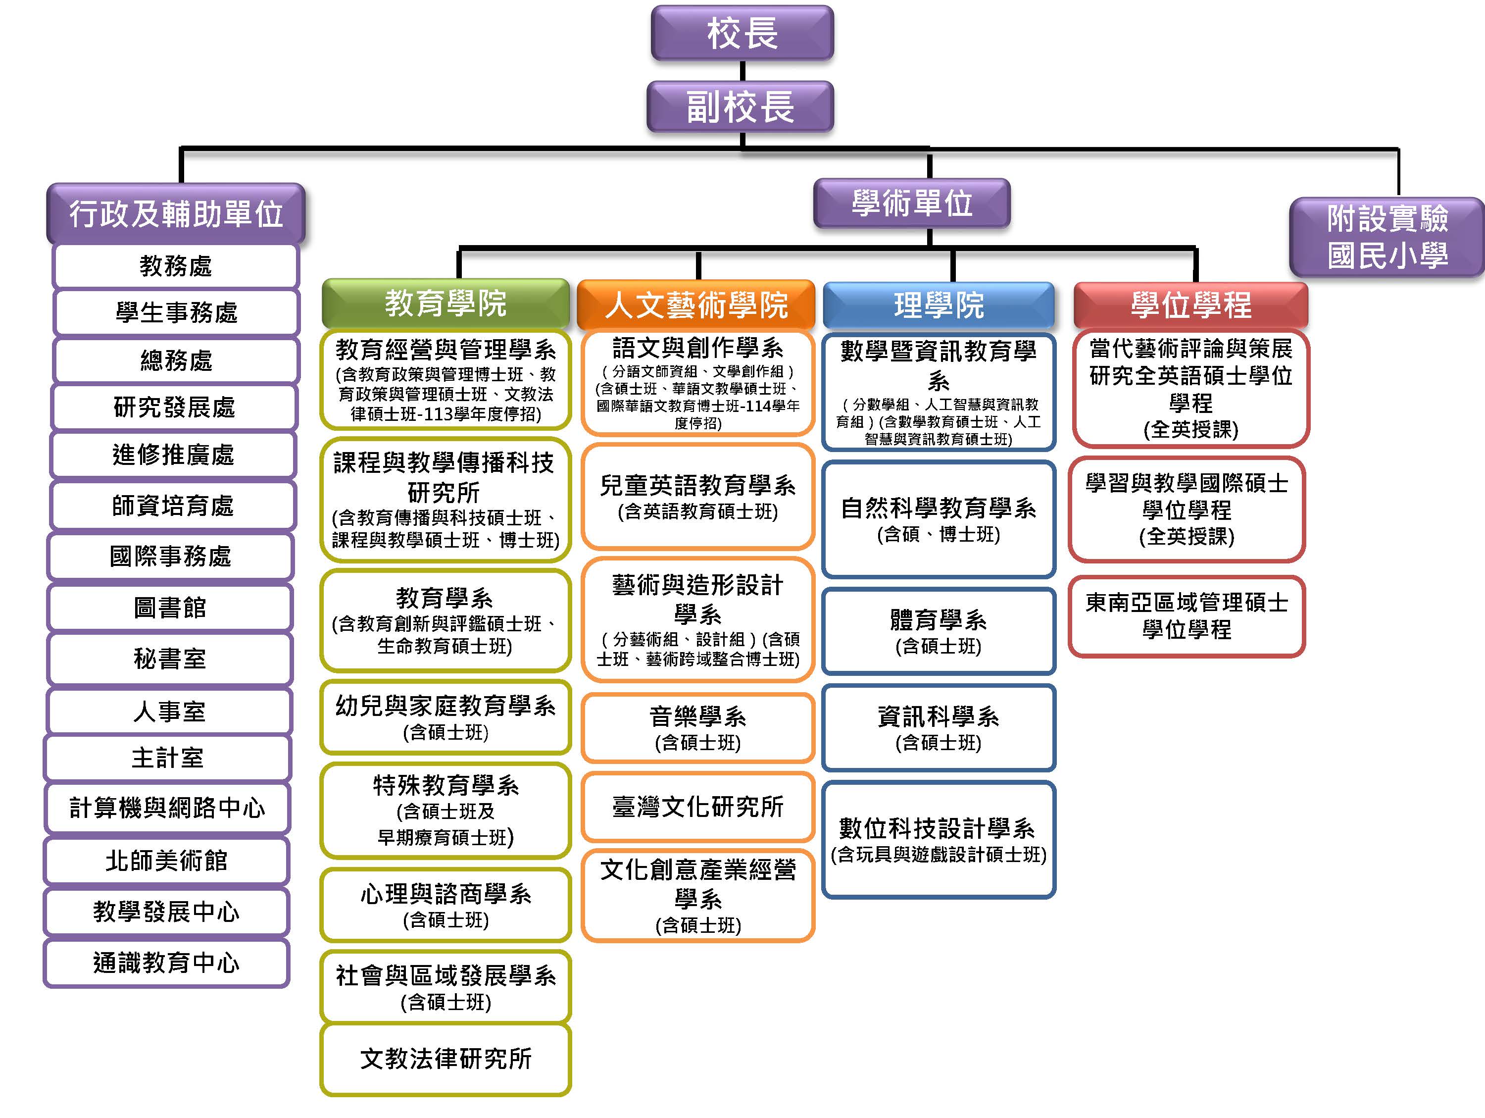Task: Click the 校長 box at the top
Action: point(742,33)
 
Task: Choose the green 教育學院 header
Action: point(445,304)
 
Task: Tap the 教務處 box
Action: point(175,266)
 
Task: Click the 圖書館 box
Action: point(170,608)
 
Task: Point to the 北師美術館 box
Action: point(166,860)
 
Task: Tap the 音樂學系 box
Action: point(697,728)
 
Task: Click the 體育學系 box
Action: point(938,631)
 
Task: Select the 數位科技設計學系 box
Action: point(938,839)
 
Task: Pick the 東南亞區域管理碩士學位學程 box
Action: point(1186,616)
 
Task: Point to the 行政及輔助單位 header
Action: point(176,213)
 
